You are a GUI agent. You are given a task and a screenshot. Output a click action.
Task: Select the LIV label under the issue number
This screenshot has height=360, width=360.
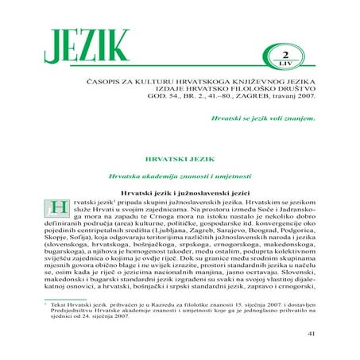(x=282, y=60)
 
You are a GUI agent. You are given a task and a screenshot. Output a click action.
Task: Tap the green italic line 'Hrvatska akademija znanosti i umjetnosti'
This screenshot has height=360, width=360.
(x=180, y=175)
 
